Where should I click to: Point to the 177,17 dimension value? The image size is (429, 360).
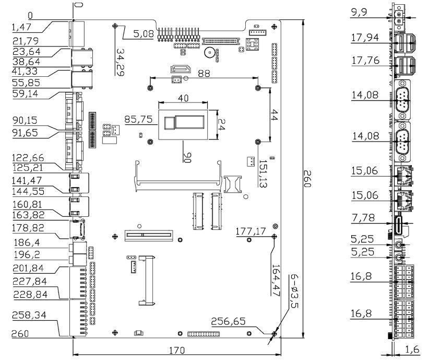[x=251, y=231]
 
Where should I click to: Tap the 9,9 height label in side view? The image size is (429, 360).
[x=358, y=11]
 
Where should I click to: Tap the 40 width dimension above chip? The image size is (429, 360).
[x=182, y=98]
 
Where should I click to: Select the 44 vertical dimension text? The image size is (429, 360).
[x=276, y=116]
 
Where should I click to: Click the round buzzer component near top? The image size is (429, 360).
[x=208, y=53]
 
